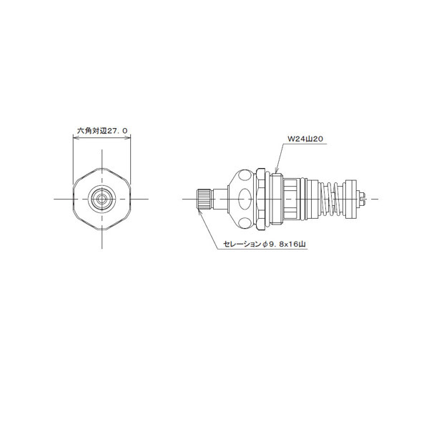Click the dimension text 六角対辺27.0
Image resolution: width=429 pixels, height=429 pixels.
point(102,131)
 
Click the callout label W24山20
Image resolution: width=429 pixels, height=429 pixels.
point(305,139)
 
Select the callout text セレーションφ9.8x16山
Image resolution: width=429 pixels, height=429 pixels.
point(265,244)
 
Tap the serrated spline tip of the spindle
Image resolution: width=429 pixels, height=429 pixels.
point(204,199)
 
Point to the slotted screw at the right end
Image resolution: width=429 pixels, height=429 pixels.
point(363,199)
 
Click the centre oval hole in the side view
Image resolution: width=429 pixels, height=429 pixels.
point(245,199)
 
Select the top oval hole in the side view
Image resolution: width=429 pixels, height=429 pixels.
point(245,175)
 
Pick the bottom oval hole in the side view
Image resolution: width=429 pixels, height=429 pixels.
point(245,222)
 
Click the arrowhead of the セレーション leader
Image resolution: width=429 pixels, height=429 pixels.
point(199,211)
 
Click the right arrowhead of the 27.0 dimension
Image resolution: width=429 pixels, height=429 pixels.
point(128,138)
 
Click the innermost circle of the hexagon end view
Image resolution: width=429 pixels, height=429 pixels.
point(102,199)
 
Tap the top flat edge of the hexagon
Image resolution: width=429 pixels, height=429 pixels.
point(102,169)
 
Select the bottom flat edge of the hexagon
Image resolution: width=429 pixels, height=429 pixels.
point(102,230)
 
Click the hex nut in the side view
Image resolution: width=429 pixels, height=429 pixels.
point(260,199)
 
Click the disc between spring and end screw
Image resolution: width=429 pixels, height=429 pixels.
point(351,199)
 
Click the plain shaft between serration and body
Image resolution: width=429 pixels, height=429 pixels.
point(220,199)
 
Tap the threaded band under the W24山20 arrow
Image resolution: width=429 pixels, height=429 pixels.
point(276,199)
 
